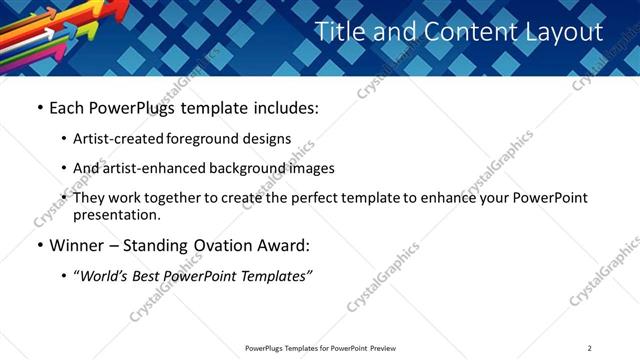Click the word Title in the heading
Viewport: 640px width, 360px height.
[340, 32]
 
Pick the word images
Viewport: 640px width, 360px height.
[311, 168]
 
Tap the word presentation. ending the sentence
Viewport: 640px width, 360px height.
[116, 214]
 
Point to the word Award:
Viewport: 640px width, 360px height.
[286, 245]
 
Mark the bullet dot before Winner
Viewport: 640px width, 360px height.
[39, 245]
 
